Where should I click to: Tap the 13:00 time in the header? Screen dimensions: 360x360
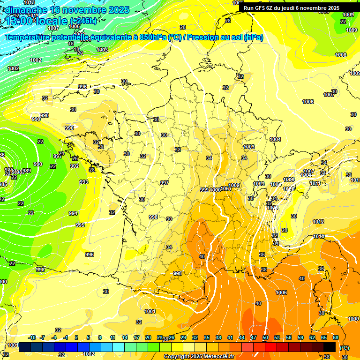20,21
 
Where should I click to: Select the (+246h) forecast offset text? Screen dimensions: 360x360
83,21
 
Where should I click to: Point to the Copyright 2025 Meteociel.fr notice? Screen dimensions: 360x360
199,357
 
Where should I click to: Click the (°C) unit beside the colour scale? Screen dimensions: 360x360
344,348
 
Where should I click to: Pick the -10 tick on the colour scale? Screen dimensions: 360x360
32,337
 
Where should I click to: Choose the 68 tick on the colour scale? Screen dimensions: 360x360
336,337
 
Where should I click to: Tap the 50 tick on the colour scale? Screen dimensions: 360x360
265,337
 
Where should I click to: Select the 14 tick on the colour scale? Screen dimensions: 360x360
125,337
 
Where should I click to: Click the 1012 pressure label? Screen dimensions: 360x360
318,222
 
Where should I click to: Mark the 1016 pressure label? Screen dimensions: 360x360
319,236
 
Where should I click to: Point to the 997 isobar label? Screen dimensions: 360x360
165,183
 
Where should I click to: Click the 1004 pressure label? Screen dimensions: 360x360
275,139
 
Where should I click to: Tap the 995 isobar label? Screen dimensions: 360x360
80,225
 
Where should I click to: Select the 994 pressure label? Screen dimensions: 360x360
73,213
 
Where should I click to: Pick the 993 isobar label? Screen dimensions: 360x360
84,182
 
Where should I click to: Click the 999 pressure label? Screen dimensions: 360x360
204,190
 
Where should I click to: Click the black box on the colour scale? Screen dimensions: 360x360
330,347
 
